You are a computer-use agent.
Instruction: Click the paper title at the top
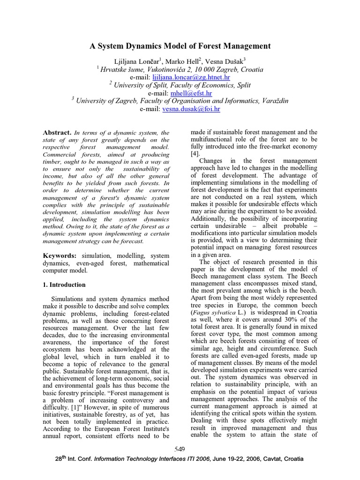180,46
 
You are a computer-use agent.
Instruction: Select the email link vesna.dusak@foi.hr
191,109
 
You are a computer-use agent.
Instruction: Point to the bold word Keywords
59,255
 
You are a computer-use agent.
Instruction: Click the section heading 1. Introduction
64,285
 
